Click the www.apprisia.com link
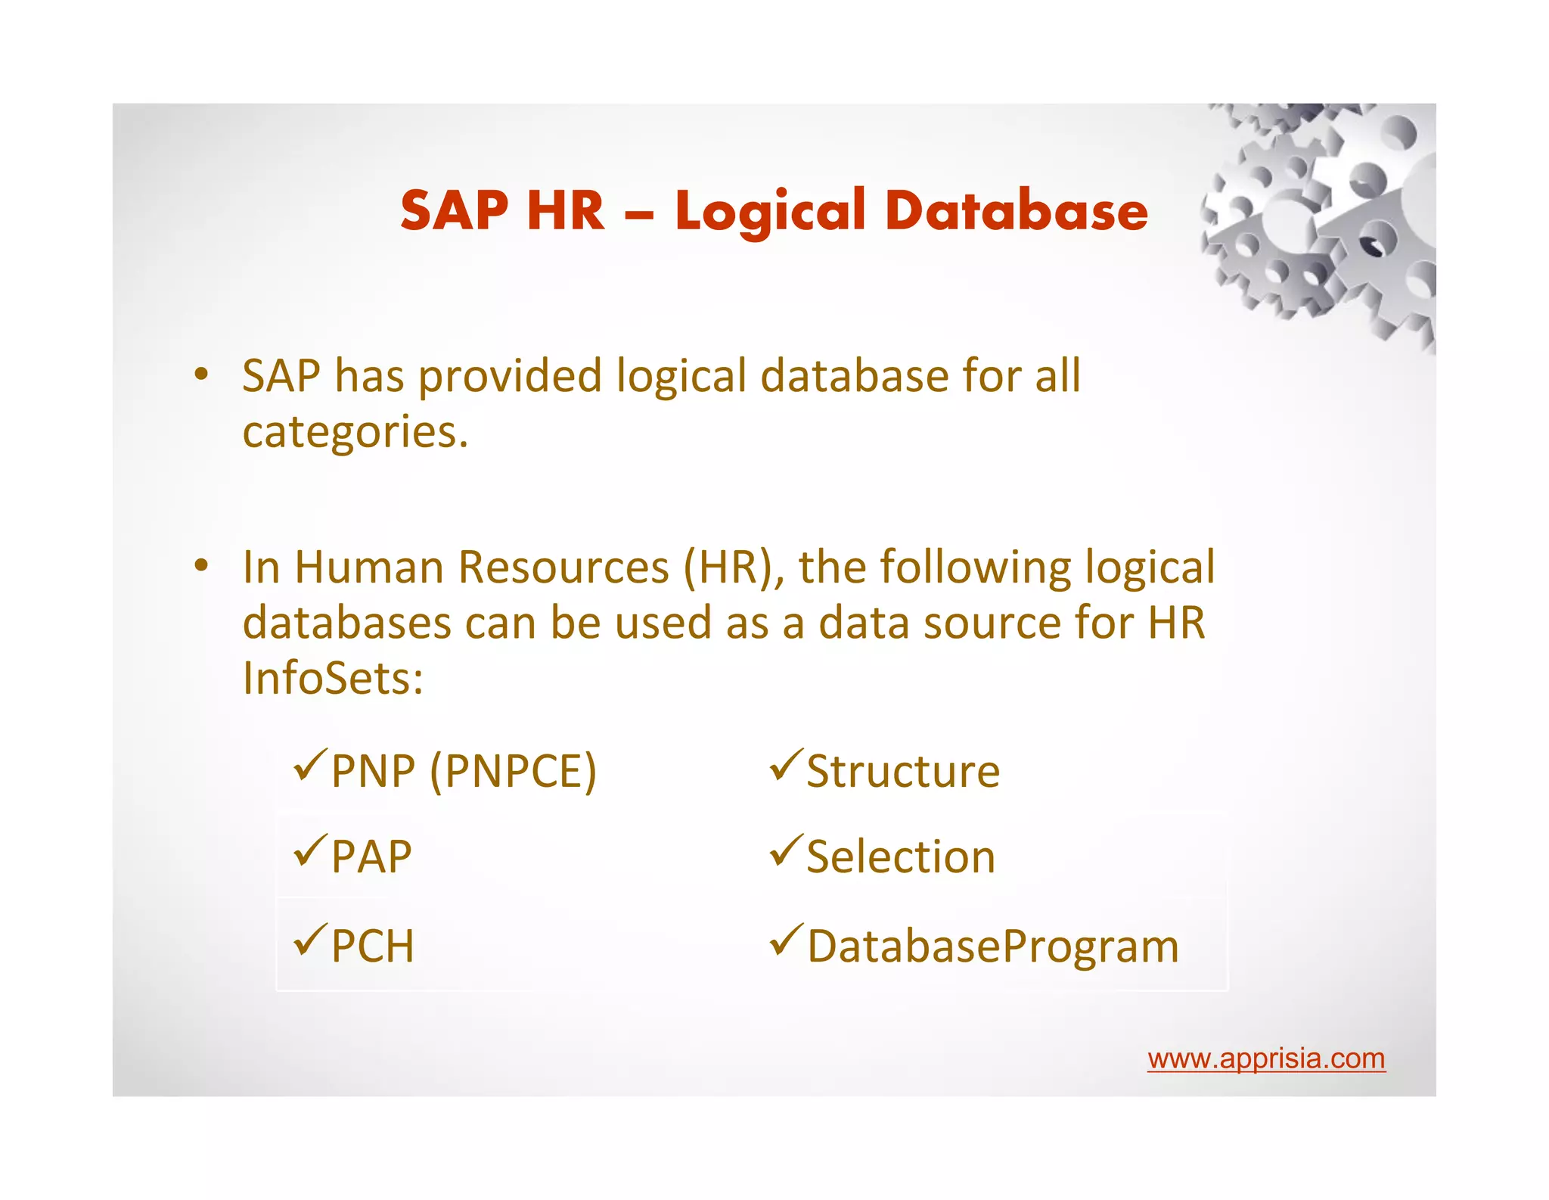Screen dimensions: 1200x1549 point(1265,1059)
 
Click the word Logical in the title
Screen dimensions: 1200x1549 point(770,210)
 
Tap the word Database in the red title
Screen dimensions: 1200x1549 point(1016,210)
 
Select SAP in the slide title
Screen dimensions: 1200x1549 point(455,210)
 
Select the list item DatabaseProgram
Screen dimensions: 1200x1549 point(993,947)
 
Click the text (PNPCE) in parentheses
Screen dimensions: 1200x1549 point(514,772)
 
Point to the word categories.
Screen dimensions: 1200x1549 point(355,432)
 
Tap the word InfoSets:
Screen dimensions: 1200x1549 point(333,678)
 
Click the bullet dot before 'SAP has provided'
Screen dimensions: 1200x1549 point(200,374)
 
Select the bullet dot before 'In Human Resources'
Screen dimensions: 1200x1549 point(200,565)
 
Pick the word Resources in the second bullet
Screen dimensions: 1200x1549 point(563,567)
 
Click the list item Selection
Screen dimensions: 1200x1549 point(901,857)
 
